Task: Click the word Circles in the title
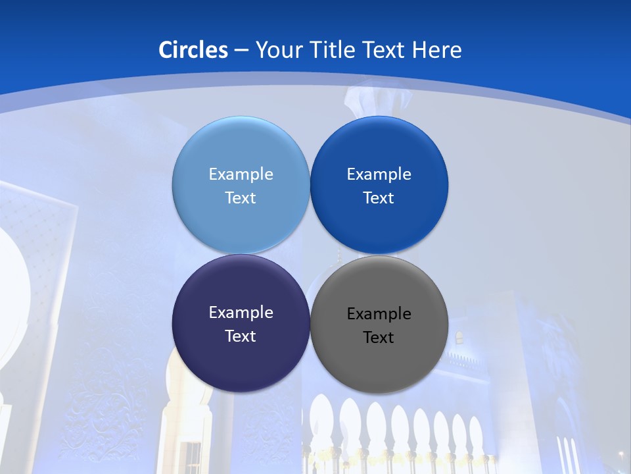point(193,49)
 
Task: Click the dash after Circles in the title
point(241,50)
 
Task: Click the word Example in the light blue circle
point(241,174)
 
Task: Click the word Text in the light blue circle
point(241,198)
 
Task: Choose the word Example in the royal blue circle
point(379,174)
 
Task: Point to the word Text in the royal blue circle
point(379,198)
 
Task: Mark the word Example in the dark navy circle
point(241,313)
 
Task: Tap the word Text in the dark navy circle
point(241,336)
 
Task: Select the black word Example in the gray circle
point(379,314)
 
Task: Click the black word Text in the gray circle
point(379,338)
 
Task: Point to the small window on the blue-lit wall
point(459,338)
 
